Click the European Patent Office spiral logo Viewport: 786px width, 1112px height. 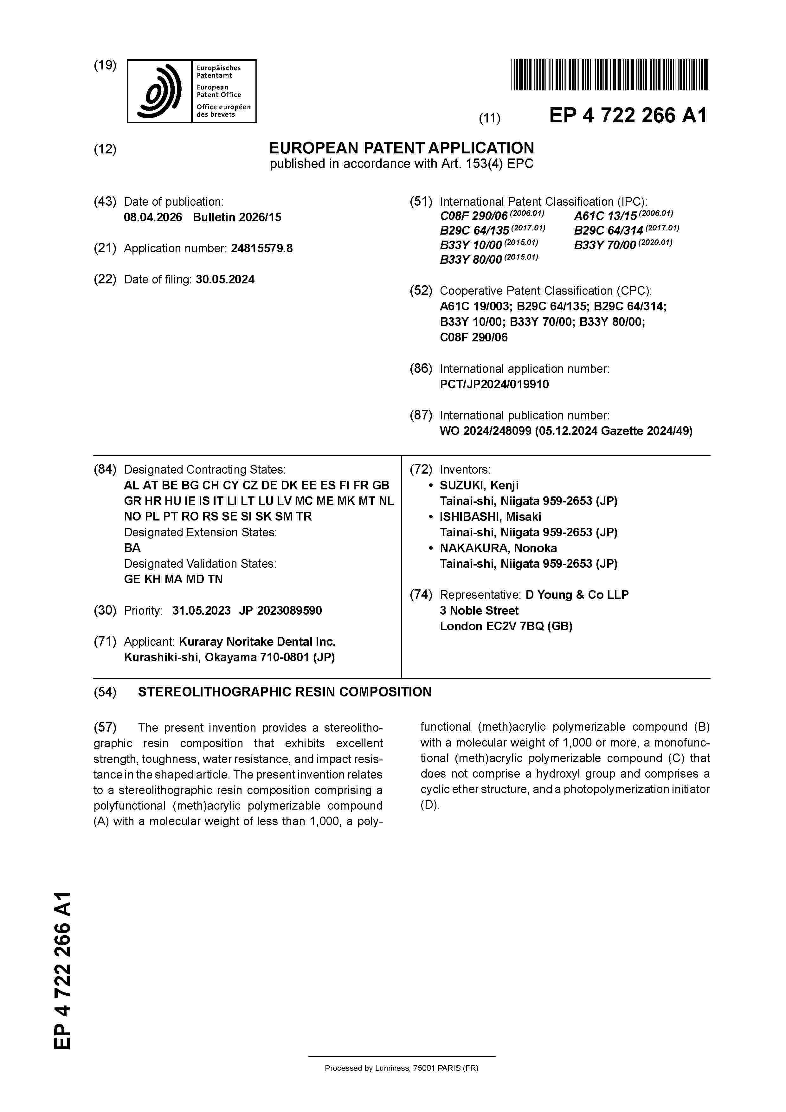(x=160, y=91)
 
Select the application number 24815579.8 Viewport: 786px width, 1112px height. (x=261, y=249)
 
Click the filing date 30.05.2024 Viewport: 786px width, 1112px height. (x=225, y=280)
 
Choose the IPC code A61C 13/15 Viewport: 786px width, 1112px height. (x=605, y=216)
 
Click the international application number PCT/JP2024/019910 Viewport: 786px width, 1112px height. (x=494, y=385)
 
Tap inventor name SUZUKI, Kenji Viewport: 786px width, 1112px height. (x=479, y=485)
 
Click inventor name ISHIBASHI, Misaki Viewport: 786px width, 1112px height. (x=490, y=517)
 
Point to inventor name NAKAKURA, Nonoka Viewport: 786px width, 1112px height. (x=498, y=548)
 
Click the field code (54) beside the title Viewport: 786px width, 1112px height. (x=105, y=692)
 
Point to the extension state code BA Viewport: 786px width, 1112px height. (x=132, y=548)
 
